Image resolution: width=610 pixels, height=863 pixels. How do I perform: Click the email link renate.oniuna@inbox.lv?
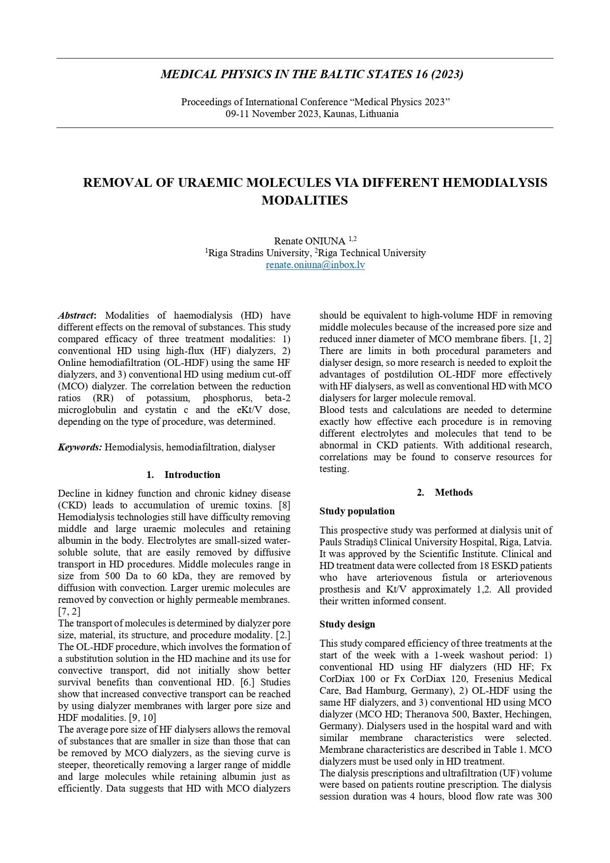click(315, 265)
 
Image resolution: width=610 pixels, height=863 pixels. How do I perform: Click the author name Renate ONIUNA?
click(310, 241)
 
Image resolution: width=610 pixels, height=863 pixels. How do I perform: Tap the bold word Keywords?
click(80, 447)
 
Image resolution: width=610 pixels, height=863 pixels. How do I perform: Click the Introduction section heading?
click(192, 475)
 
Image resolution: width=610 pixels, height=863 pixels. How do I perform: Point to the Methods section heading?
click(453, 492)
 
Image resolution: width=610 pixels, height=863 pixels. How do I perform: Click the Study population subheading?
click(357, 511)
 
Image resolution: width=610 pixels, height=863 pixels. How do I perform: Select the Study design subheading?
click(347, 624)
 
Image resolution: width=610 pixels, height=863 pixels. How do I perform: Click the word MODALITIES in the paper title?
click(304, 201)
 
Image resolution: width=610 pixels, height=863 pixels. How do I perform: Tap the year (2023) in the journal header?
click(447, 74)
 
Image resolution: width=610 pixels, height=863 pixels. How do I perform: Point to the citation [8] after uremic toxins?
click(284, 505)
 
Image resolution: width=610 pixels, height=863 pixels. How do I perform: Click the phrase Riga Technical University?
click(372, 253)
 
